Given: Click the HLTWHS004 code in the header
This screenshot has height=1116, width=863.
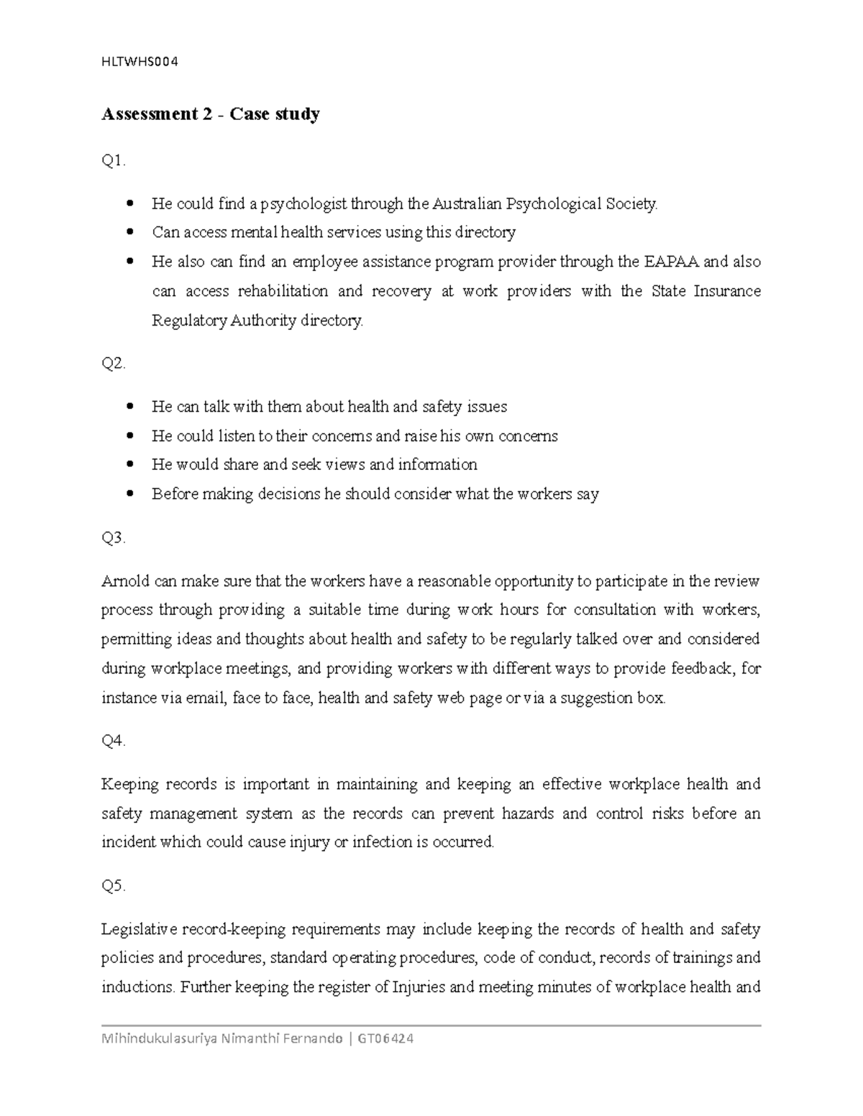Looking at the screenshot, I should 140,61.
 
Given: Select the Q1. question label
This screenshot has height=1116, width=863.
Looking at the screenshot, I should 114,162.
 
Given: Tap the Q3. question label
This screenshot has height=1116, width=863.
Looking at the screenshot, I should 114,538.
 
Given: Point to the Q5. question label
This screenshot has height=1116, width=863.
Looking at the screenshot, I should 114,886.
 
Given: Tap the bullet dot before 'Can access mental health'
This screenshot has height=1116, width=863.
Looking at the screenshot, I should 130,233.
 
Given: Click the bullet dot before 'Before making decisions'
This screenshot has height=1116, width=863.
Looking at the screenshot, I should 130,494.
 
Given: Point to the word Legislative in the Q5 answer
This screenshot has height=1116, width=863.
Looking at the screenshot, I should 139,929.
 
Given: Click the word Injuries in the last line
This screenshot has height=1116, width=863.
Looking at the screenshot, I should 418,987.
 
